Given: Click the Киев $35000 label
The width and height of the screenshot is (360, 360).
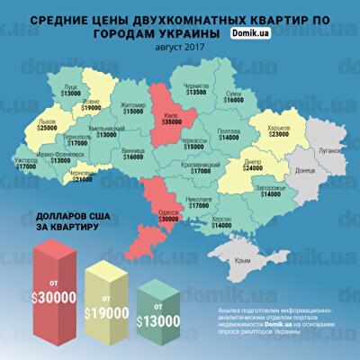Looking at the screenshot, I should point(169,120).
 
